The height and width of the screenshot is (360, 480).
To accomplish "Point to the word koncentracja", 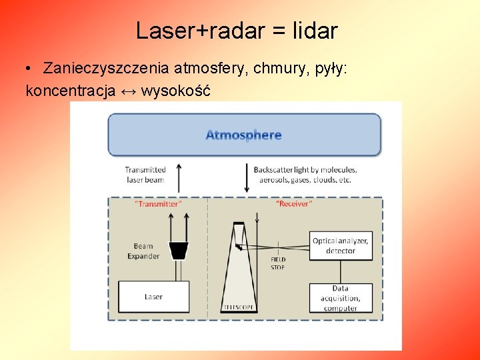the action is (70, 91).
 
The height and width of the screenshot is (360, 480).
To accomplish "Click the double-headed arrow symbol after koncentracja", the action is (129, 91).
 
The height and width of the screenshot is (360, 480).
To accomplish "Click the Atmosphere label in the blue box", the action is (243, 135).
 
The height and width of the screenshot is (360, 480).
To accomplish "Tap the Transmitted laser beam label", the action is (145, 175).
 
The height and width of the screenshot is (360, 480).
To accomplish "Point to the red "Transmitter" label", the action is (157, 204).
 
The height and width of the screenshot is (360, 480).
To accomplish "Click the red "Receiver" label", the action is (293, 204).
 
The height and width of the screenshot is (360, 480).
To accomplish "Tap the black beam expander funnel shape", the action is (178, 250).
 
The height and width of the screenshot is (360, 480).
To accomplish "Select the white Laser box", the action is (153, 297).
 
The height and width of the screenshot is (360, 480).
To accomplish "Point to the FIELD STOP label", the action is (278, 263).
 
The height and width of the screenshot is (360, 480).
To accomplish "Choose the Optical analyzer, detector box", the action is (340, 245).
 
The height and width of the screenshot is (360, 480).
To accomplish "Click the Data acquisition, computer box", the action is (340, 298).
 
